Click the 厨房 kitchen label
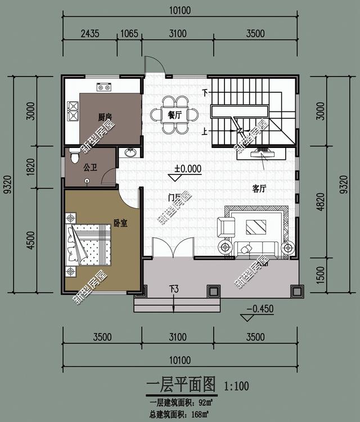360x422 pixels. (x=105, y=117)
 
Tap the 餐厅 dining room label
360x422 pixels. (x=175, y=115)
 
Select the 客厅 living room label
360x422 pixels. (x=259, y=189)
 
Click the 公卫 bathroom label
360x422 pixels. (x=90, y=167)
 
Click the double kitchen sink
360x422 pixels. (x=73, y=111)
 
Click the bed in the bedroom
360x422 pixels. (x=89, y=243)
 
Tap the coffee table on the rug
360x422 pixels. (x=256, y=227)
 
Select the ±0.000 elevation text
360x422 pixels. (x=187, y=168)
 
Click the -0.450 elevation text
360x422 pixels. (x=259, y=308)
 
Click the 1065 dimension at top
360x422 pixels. (x=129, y=34)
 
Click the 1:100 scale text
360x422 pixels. (x=236, y=387)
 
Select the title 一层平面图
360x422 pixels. (x=181, y=385)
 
